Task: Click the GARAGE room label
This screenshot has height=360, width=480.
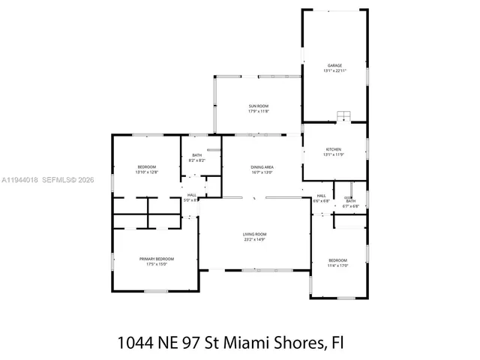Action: click(x=334, y=65)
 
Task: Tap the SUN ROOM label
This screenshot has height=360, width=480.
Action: click(x=259, y=106)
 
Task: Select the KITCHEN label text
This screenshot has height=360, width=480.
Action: click(x=334, y=149)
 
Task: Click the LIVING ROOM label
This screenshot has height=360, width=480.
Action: click(x=254, y=235)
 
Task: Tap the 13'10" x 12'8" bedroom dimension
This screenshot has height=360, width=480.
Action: click(x=146, y=172)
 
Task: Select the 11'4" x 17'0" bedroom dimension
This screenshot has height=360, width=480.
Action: click(x=337, y=265)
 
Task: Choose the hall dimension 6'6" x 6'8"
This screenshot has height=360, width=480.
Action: click(x=320, y=201)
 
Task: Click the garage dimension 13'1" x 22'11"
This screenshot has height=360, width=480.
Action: click(x=334, y=70)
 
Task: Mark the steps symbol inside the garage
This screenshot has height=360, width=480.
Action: click(x=344, y=115)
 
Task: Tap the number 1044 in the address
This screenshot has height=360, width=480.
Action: click(x=138, y=343)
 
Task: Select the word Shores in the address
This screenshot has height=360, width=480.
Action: click(x=301, y=343)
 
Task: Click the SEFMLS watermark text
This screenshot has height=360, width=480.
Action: click(x=57, y=180)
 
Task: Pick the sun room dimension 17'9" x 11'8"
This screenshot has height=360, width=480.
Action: click(x=259, y=112)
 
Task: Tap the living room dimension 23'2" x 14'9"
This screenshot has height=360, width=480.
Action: click(x=254, y=240)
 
